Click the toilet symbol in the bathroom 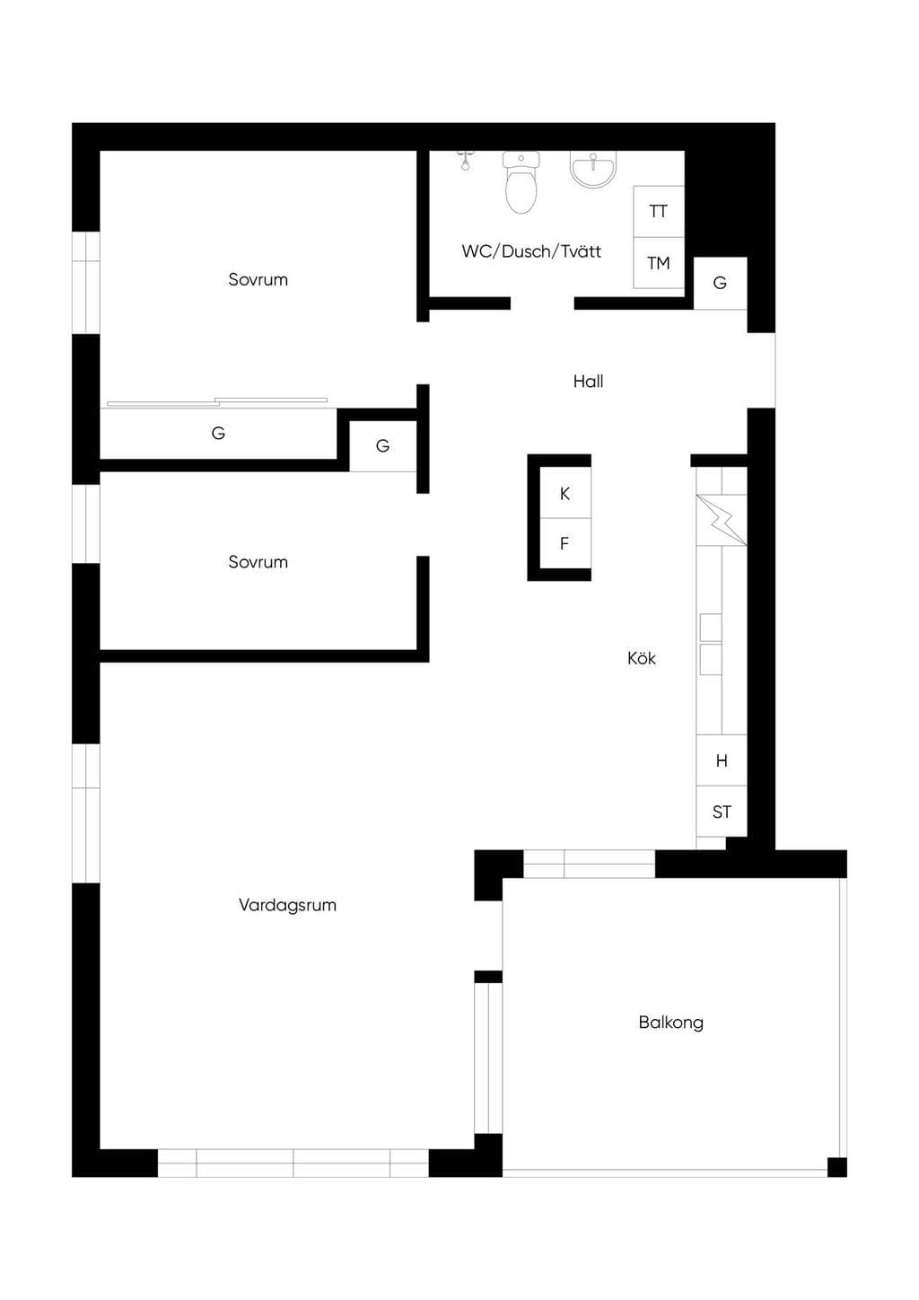(521, 182)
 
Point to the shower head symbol (464, 161)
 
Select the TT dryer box (659, 212)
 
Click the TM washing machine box (659, 263)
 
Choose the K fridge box (565, 493)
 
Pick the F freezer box (565, 543)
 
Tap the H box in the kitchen (722, 760)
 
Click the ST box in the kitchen (722, 812)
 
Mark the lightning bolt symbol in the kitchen (722, 520)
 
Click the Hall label (589, 382)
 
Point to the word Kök (642, 658)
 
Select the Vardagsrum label (287, 905)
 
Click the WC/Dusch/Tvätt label (531, 251)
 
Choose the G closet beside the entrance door (720, 283)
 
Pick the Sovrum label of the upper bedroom (258, 280)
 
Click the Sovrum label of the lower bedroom (258, 562)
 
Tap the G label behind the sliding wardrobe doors (218, 433)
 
